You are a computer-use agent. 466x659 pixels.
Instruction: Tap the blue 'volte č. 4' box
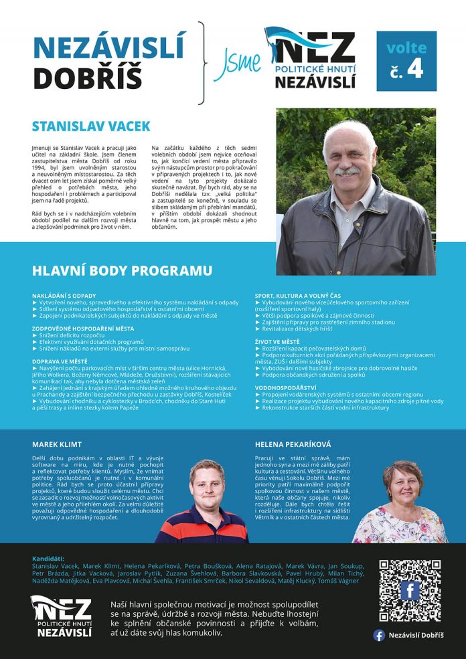pyautogui.click(x=406, y=61)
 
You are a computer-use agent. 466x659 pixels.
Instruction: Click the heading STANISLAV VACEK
pyautogui.click(x=91, y=126)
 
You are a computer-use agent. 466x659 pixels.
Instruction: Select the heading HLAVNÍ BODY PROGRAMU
pyautogui.click(x=122, y=271)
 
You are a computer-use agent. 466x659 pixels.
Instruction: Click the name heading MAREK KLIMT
pyautogui.click(x=57, y=425)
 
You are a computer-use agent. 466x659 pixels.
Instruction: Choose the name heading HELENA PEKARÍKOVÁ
pyautogui.click(x=293, y=425)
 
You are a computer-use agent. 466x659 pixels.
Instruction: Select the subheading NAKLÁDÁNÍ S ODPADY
pyautogui.click(x=64, y=295)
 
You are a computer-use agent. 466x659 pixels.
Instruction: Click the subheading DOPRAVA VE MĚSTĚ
pyautogui.click(x=60, y=361)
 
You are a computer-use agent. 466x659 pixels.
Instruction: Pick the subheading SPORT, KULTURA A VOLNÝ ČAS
pyautogui.click(x=298, y=295)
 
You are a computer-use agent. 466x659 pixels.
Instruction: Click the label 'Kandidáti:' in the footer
pyautogui.click(x=48, y=558)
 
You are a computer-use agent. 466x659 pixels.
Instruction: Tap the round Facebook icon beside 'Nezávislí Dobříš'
pyautogui.click(x=379, y=635)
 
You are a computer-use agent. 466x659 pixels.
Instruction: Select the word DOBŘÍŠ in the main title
pyautogui.click(x=88, y=78)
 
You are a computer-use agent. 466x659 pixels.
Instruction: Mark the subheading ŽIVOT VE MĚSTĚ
pyautogui.click(x=277, y=341)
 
